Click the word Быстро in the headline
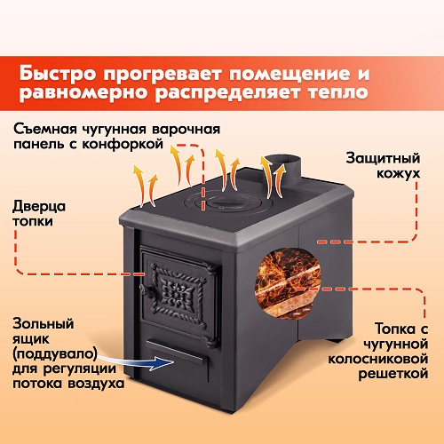[58, 73]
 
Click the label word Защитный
[383, 158]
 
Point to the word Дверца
[39, 206]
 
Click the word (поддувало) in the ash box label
[55, 353]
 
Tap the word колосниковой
[378, 359]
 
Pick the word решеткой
[393, 374]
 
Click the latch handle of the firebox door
[149, 291]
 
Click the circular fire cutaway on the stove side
[288, 282]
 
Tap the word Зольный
[44, 323]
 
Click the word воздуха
[96, 384]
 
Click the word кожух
[399, 173]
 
